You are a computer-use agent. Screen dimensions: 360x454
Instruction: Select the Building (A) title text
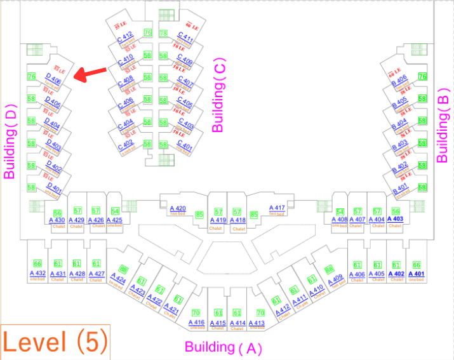223,347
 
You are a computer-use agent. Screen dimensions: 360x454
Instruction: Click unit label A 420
177,208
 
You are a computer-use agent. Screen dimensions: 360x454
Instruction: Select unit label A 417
277,208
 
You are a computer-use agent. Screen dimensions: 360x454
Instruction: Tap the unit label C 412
125,36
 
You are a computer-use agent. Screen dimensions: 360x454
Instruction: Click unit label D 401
54,189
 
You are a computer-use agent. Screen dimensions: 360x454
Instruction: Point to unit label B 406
399,79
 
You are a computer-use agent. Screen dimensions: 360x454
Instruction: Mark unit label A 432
37,274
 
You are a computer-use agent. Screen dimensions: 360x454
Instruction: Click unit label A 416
196,323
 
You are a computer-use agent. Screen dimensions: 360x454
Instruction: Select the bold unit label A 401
415,274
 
